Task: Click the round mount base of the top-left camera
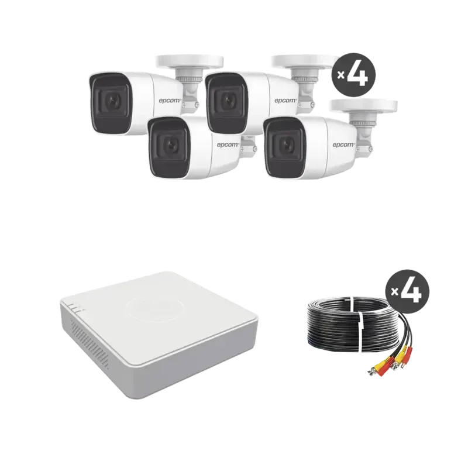[x=187, y=60]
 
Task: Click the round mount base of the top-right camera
[x=304, y=60]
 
